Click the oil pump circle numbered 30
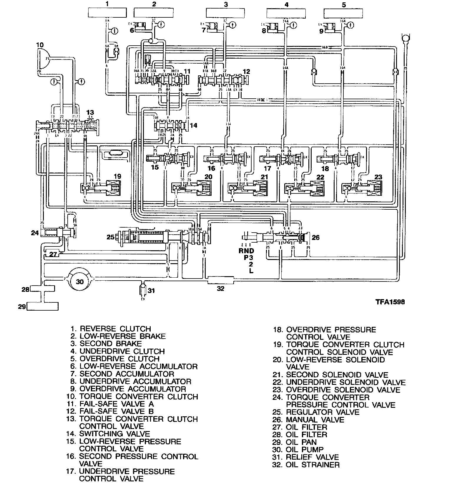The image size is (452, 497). tap(80, 282)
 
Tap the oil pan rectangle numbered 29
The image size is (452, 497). tap(42, 306)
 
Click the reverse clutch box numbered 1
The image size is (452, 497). tap(107, 14)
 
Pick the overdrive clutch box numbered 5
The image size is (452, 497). tap(343, 14)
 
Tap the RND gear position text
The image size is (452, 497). tap(246, 251)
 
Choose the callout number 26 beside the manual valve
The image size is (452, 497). tap(315, 237)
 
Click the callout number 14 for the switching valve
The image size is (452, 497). tap(193, 125)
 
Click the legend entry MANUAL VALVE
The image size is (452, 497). tap(315, 420)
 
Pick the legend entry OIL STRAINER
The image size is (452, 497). tap(313, 465)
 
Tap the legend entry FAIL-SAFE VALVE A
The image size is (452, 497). tap(116, 404)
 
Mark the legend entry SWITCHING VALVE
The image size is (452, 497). tap(114, 434)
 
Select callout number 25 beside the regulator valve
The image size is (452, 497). tap(110, 237)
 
